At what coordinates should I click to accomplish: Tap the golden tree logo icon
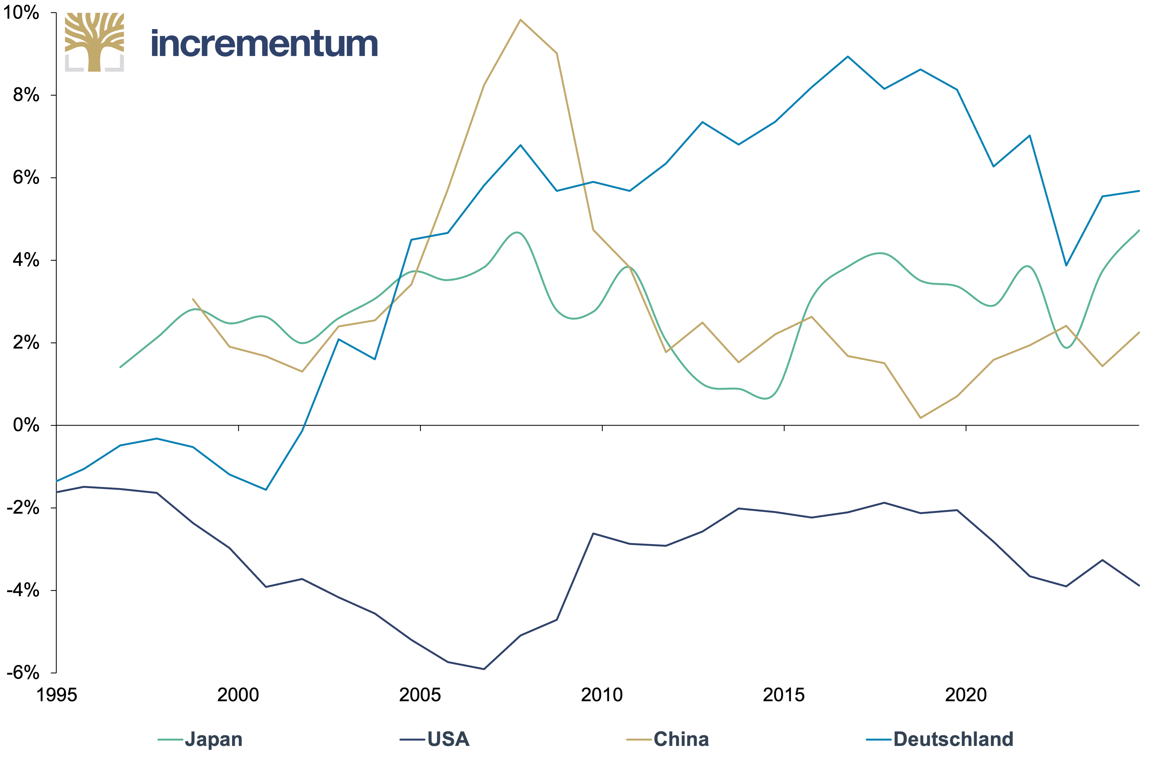94,42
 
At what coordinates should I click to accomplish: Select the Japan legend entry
200,739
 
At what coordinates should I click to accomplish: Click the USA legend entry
435,739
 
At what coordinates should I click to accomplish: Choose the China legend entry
668,739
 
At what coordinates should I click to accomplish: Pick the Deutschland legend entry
940,739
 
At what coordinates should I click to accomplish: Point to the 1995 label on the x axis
57,695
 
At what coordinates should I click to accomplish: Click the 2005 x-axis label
420,695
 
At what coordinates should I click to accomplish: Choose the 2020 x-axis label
966,695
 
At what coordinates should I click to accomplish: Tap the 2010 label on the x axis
602,695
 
